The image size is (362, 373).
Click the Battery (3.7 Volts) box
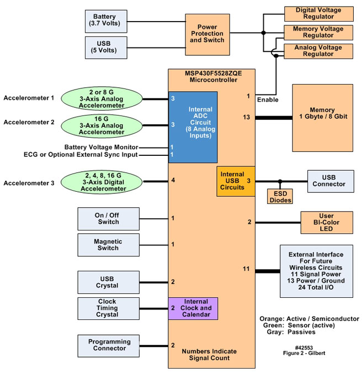click(x=105, y=21)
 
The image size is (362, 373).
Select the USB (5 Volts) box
click(x=105, y=48)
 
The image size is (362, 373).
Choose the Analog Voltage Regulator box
click(x=318, y=51)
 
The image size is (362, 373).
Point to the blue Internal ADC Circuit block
click(x=193, y=127)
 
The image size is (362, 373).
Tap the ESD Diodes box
click(x=280, y=197)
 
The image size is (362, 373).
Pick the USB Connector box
click(x=330, y=181)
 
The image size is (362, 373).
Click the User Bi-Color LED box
click(x=327, y=222)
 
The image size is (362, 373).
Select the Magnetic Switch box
click(x=108, y=245)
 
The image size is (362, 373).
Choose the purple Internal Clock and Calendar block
click(x=193, y=308)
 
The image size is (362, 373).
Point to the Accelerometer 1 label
click(x=29, y=98)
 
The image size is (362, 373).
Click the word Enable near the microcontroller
click(x=268, y=99)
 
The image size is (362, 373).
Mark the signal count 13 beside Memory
click(x=246, y=117)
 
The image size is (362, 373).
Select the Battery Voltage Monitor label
click(x=100, y=147)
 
